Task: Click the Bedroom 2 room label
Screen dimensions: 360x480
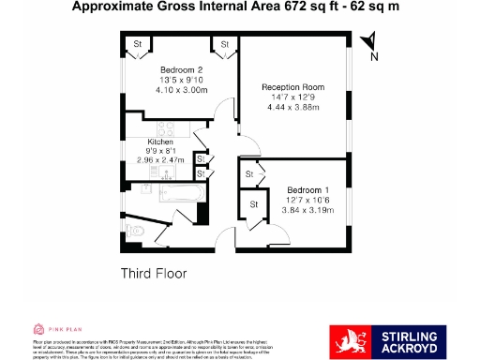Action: pyautogui.click(x=181, y=70)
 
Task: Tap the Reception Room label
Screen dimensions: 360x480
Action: pyautogui.click(x=291, y=85)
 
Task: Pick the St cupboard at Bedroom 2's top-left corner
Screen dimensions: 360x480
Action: pyautogui.click(x=137, y=43)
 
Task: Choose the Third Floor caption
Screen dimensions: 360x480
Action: pyautogui.click(x=154, y=274)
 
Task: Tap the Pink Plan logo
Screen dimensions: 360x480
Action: pyautogui.click(x=59, y=328)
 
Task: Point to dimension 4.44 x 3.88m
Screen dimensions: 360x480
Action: pyautogui.click(x=291, y=107)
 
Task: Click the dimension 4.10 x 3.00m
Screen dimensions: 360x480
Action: pyautogui.click(x=181, y=91)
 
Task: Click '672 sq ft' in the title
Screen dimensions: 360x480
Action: pyautogui.click(x=257, y=7)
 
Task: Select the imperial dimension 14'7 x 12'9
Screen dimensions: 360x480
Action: pyautogui.click(x=291, y=97)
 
